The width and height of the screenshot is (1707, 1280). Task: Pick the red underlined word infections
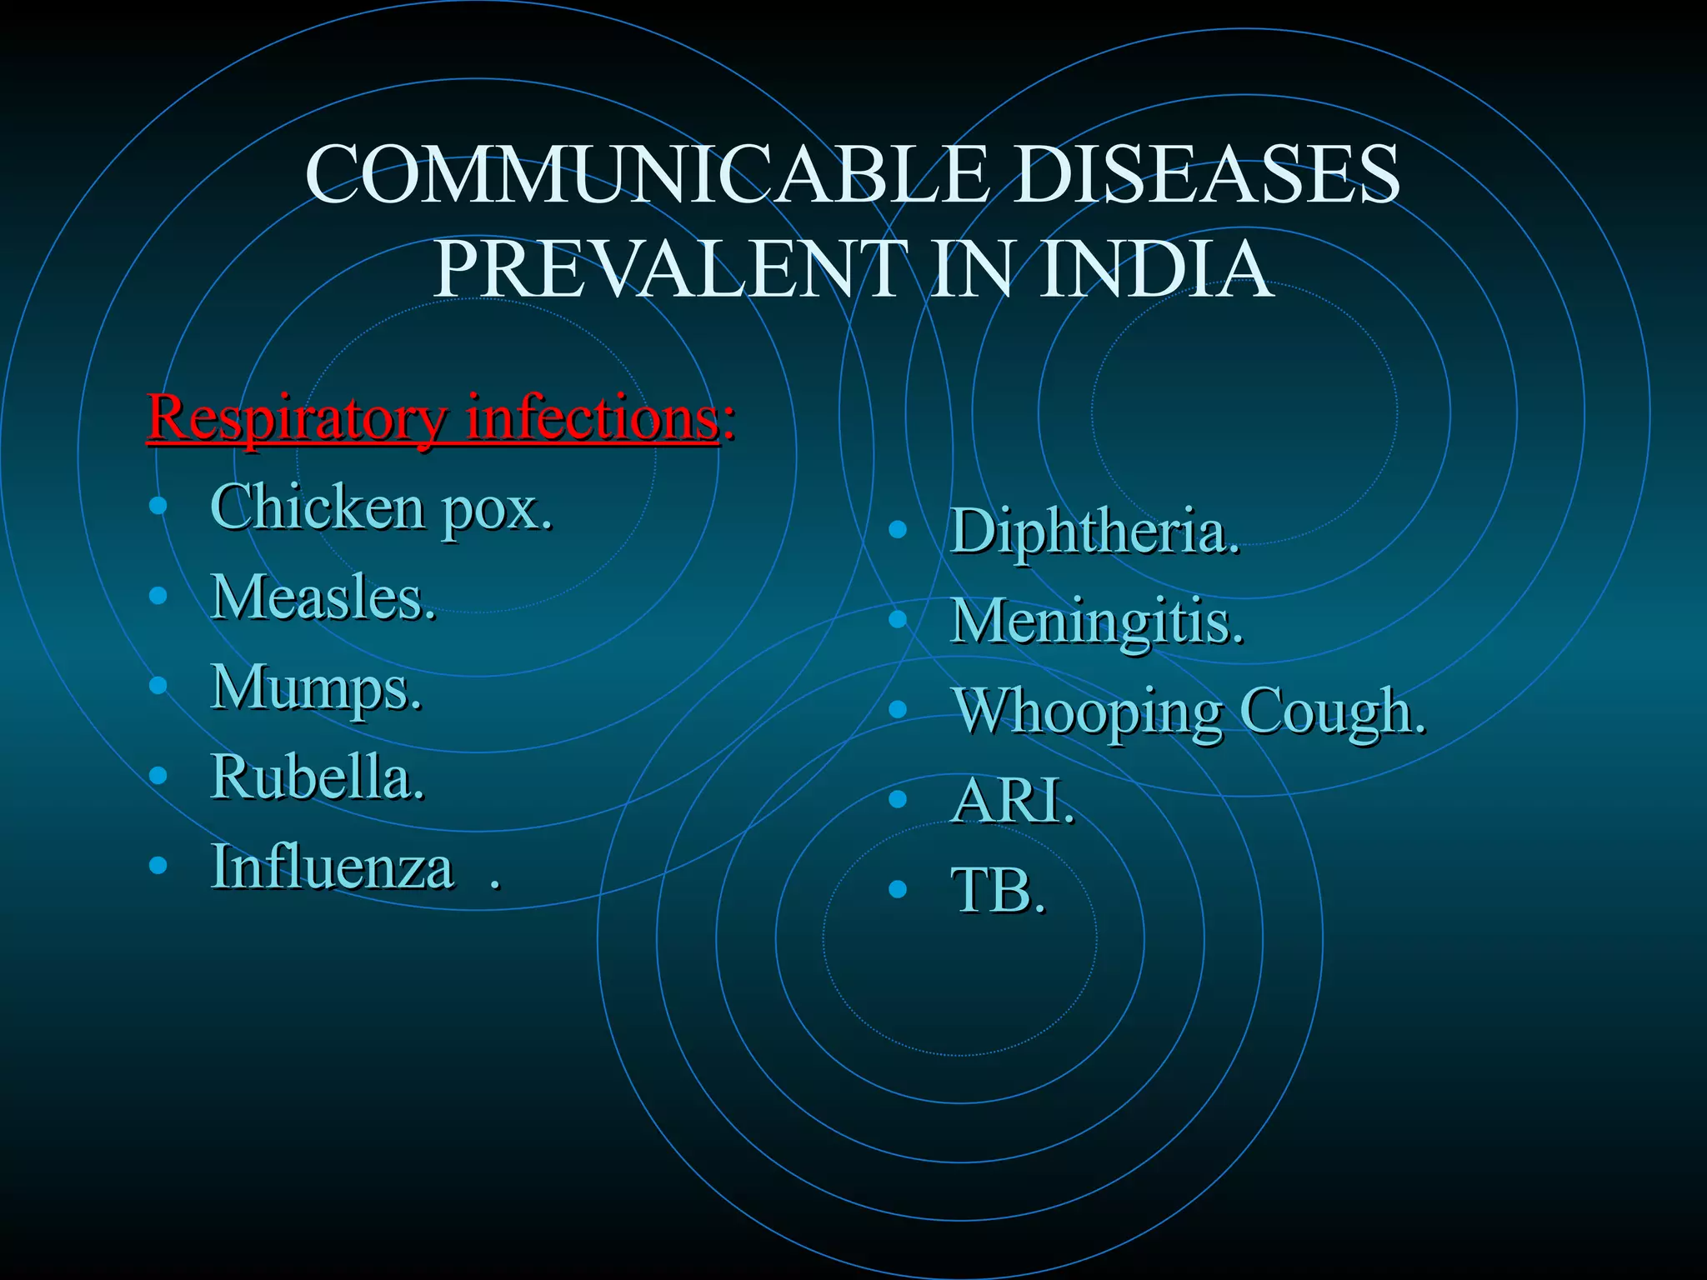point(592,417)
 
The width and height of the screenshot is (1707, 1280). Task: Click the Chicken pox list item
point(380,508)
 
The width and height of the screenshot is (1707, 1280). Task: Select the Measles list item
point(323,597)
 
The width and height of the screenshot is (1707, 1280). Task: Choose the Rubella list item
point(317,777)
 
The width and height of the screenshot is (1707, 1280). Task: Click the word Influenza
point(332,867)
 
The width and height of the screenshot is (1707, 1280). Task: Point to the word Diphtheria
point(1094,532)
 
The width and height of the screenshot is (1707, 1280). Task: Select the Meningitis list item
point(1096,622)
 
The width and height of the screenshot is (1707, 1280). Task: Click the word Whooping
point(1087,713)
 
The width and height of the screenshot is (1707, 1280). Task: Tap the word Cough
point(1331,712)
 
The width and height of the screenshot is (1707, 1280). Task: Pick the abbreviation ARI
point(1011,801)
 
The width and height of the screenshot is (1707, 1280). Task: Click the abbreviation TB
point(997,891)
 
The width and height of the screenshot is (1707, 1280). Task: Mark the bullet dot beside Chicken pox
point(158,505)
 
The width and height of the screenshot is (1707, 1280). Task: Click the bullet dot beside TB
point(898,889)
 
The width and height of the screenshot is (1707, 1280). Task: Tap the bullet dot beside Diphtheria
point(898,529)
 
